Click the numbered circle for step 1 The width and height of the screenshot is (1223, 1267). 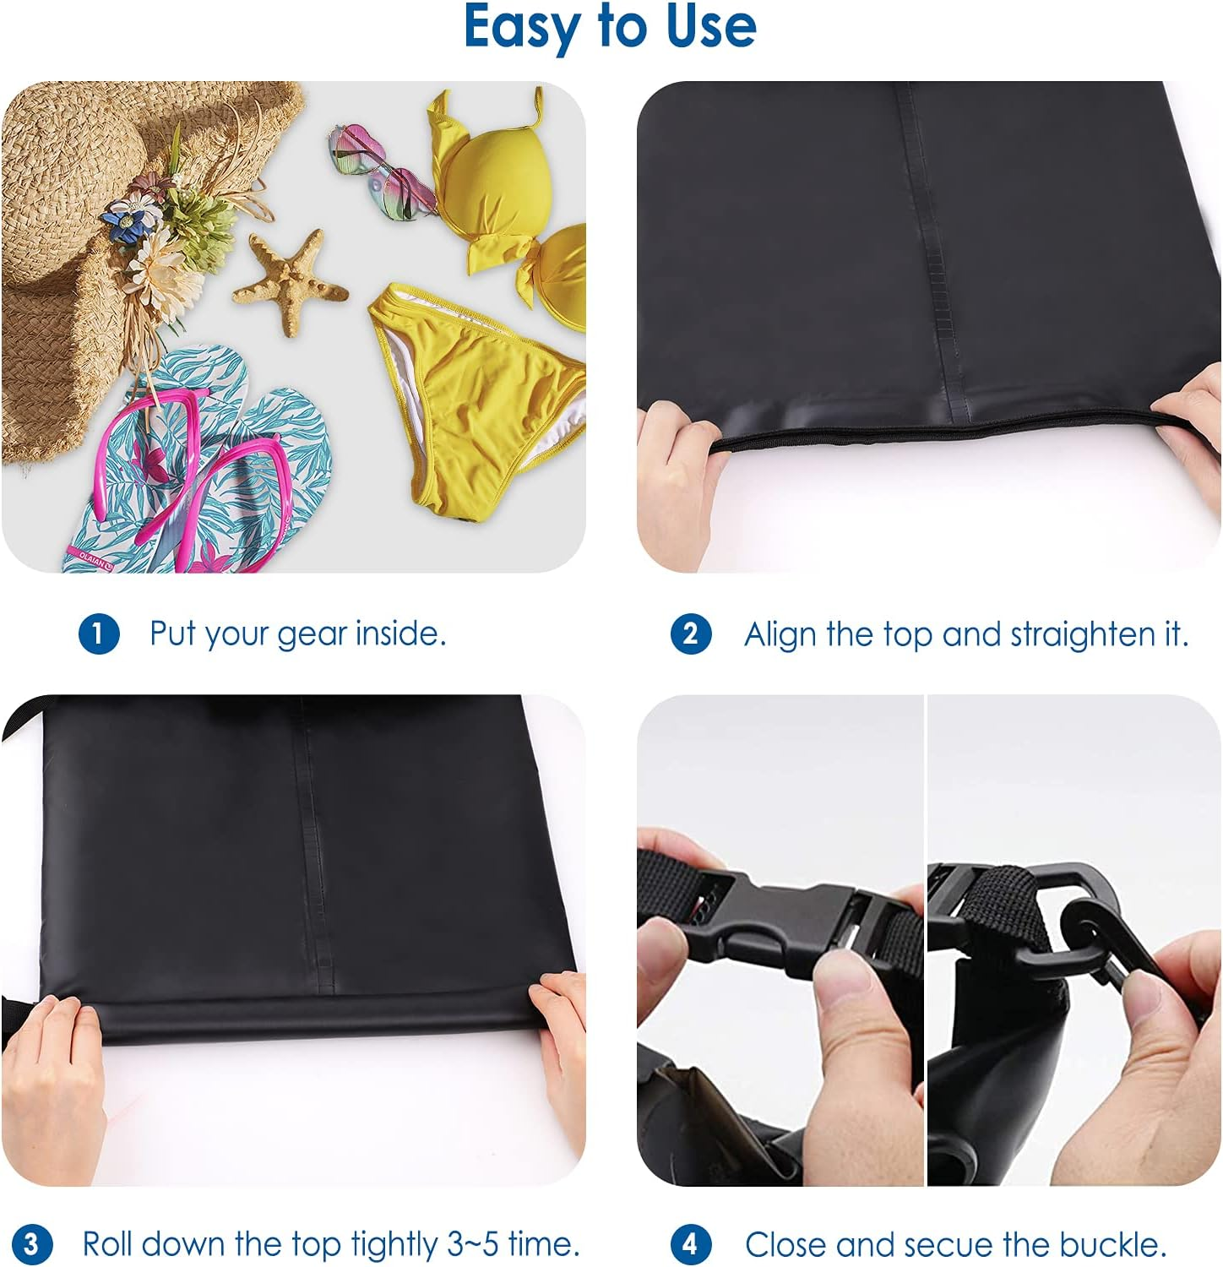[x=99, y=633]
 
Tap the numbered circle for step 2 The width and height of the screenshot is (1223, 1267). [x=690, y=633]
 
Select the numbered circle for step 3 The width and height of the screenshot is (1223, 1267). [x=31, y=1244]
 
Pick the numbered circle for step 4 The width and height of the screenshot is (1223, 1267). [x=690, y=1244]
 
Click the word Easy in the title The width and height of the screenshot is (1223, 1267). [x=525, y=27]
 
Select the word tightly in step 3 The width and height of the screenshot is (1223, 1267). [x=395, y=1244]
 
